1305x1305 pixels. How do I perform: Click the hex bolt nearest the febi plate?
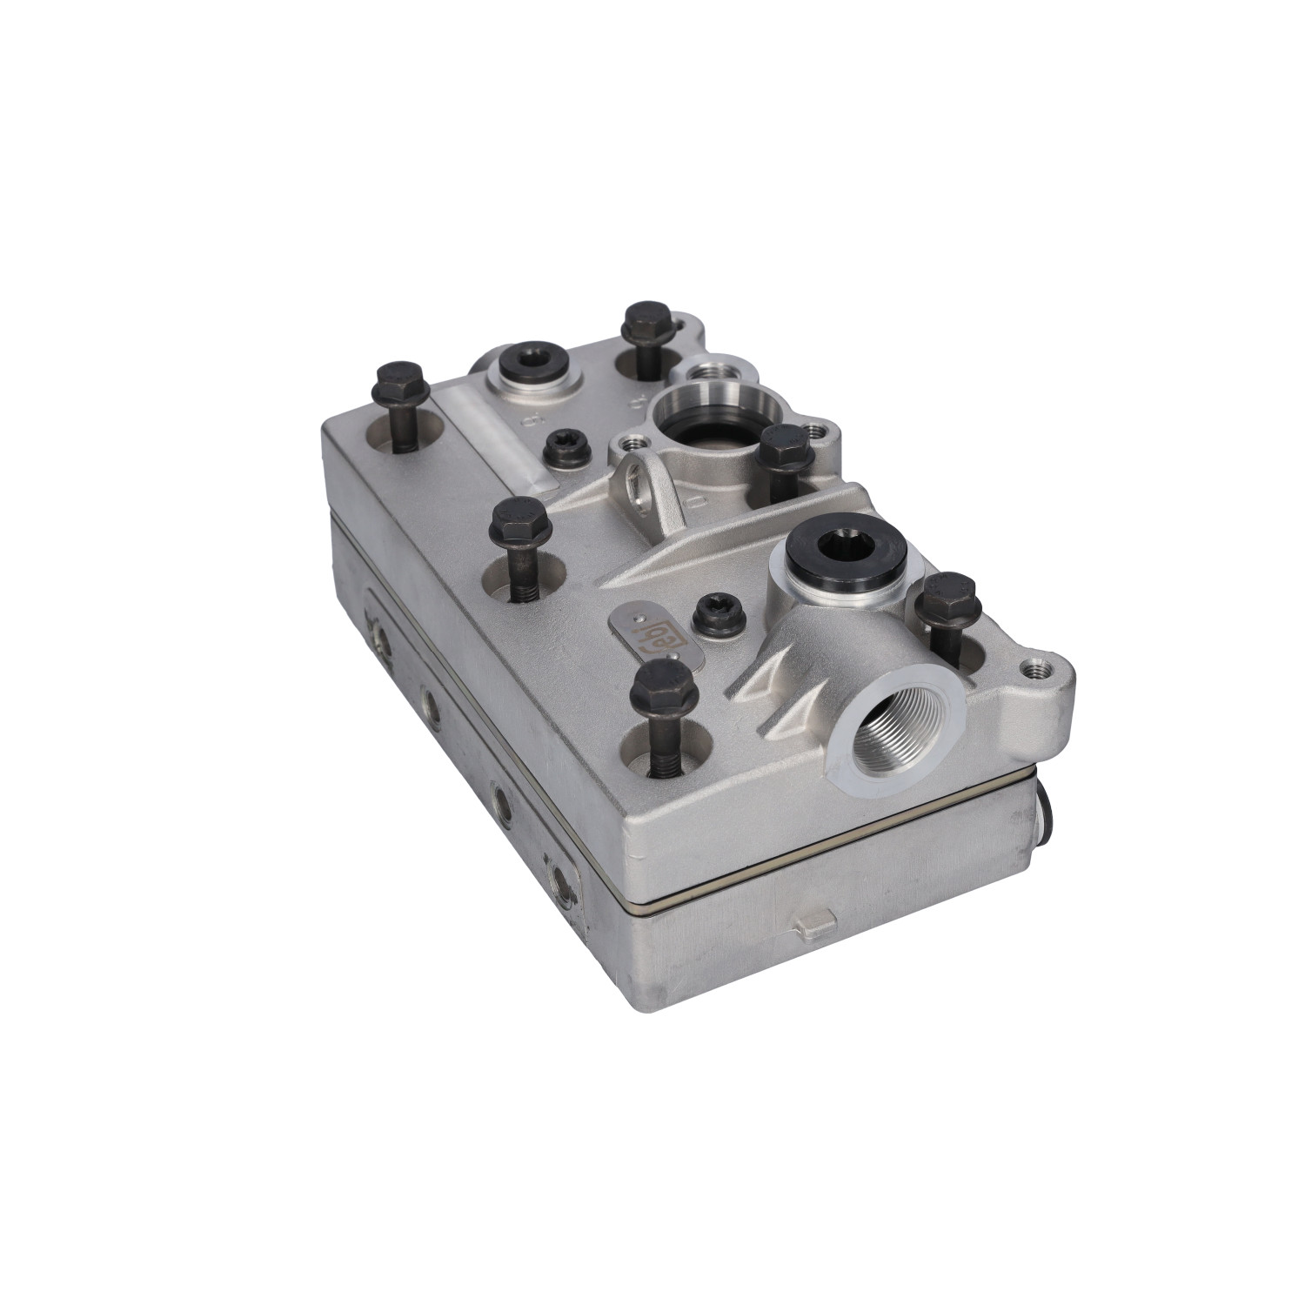(x=665, y=687)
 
